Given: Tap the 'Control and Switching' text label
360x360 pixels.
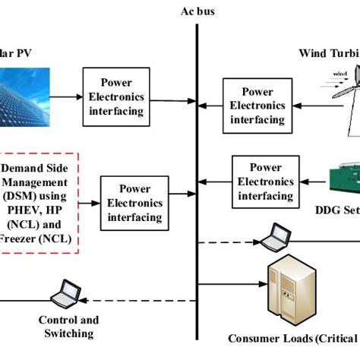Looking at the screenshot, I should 68,327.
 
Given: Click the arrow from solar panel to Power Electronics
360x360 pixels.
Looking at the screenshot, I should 68,97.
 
